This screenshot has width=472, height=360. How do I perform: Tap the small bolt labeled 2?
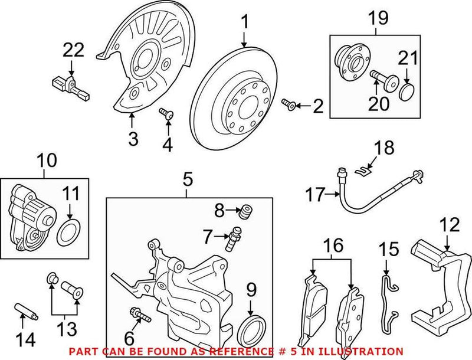click(x=288, y=106)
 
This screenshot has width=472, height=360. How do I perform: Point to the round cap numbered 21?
click(x=407, y=92)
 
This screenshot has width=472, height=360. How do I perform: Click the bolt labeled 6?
click(x=136, y=315)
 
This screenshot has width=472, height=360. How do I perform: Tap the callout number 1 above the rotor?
click(x=244, y=22)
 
